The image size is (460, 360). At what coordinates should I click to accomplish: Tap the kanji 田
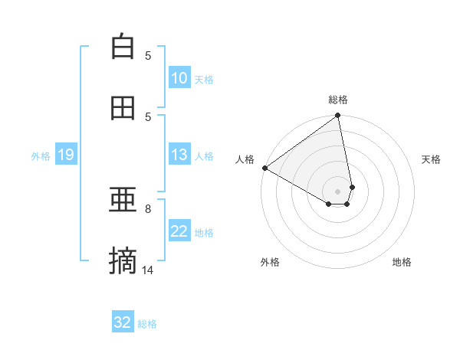tap(123, 108)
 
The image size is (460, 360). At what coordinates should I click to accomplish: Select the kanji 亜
tap(123, 201)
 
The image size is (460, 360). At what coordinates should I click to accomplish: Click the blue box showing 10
tap(179, 78)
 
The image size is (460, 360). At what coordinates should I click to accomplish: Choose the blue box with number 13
tap(179, 155)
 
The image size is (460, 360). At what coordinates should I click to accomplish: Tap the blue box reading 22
tap(179, 231)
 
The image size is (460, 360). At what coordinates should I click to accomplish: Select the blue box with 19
tap(66, 155)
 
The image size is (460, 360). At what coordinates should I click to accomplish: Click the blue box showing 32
tap(123, 322)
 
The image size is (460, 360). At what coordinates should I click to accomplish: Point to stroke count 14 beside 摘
tap(148, 270)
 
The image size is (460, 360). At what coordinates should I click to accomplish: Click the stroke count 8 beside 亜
tap(148, 208)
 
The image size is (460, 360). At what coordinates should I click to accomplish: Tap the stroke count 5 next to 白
tap(148, 55)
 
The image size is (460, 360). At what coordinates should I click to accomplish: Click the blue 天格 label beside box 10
tap(204, 79)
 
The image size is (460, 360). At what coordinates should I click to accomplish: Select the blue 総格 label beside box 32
tap(147, 324)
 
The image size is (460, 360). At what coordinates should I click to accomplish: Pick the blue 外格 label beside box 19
tap(41, 155)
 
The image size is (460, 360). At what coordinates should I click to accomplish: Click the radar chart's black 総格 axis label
tap(338, 100)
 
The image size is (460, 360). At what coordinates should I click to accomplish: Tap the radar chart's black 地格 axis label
tap(402, 262)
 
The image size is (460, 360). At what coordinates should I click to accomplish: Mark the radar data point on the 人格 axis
tap(264, 168)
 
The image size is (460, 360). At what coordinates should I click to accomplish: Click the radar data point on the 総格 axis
tap(338, 116)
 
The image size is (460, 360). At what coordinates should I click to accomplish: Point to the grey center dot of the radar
tap(338, 191)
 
